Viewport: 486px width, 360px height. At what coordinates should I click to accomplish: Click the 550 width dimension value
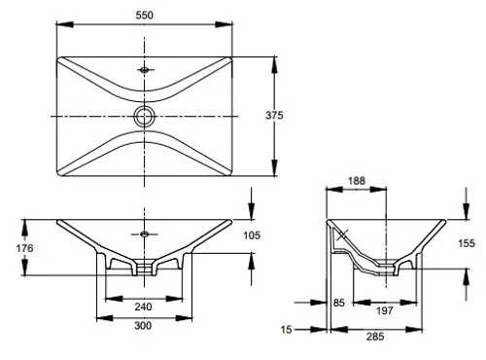[144, 15]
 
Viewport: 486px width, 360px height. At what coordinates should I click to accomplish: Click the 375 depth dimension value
[274, 115]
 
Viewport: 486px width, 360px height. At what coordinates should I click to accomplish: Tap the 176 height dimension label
[24, 248]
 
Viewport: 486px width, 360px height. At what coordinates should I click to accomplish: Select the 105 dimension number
[252, 235]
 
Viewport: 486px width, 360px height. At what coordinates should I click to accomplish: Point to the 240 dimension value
[143, 306]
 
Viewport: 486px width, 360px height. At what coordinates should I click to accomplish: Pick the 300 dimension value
[143, 325]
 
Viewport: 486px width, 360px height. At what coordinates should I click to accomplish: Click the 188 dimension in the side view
[357, 181]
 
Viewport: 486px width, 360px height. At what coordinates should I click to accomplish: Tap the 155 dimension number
[467, 243]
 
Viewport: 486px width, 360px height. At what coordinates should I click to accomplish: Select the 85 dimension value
[339, 303]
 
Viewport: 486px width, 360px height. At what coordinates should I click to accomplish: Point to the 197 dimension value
[385, 310]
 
